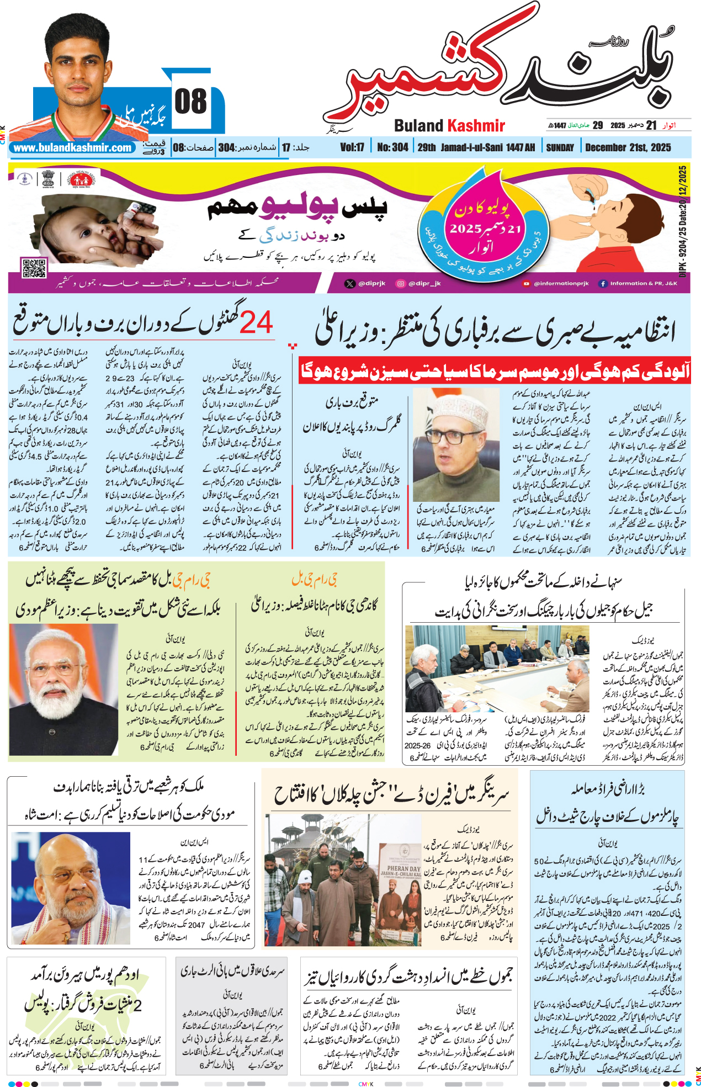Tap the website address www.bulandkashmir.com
[x=73, y=148]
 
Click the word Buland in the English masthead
[x=418, y=126]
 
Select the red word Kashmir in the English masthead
[x=476, y=126]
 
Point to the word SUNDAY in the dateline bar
[x=560, y=147]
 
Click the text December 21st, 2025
[x=628, y=147]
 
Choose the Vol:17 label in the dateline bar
[x=352, y=147]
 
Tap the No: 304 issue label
[x=392, y=147]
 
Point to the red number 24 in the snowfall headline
[x=257, y=323]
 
